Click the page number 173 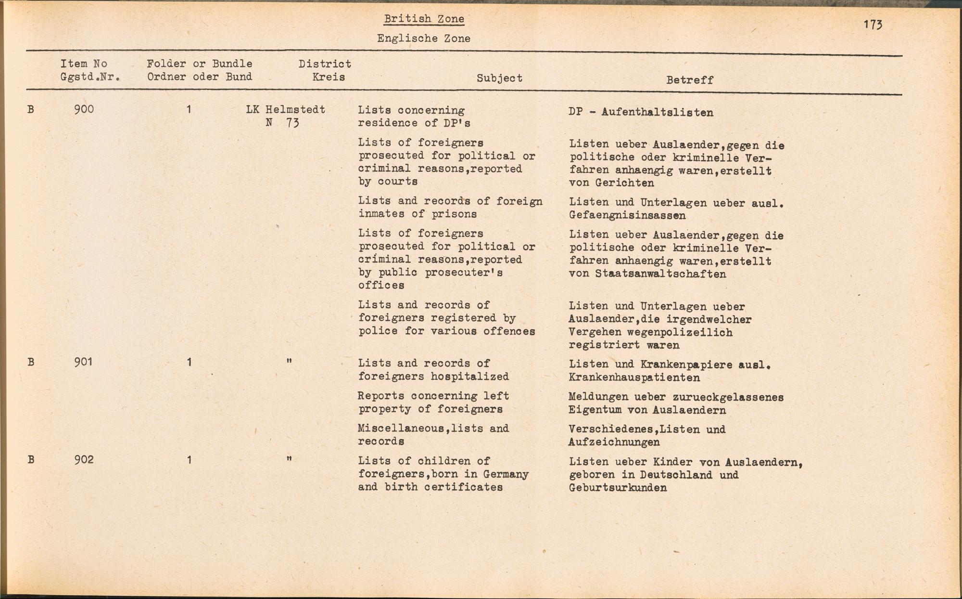tap(873, 25)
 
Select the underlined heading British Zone tap(424, 19)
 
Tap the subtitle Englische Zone tap(424, 39)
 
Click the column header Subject tap(499, 78)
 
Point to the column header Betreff tap(689, 80)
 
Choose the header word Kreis tap(329, 77)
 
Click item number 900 tap(84, 110)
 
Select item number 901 tap(83, 362)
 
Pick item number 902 tap(84, 460)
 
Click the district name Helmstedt tap(295, 110)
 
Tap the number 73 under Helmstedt tap(292, 123)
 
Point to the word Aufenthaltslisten tap(657, 113)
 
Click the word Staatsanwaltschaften tap(660, 274)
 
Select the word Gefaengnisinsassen tap(627, 216)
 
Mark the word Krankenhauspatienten tap(634, 378)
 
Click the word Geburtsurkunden tap(618, 488)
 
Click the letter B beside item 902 tap(31, 460)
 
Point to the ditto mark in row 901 tap(289, 361)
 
